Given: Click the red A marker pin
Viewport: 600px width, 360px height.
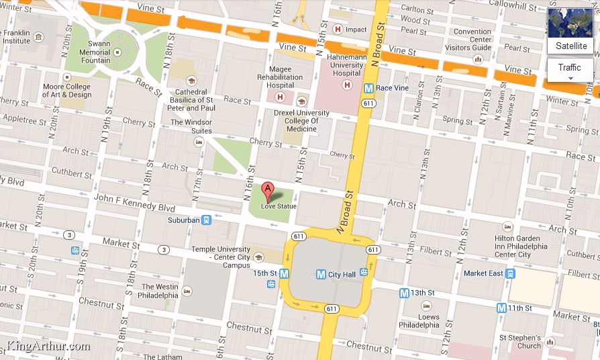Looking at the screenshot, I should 268,190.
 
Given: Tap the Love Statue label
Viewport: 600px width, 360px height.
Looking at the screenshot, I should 279,206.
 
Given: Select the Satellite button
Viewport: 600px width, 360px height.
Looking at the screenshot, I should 570,46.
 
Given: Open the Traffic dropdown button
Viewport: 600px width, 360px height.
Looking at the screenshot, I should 570,70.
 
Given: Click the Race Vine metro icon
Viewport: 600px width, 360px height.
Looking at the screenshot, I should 368,88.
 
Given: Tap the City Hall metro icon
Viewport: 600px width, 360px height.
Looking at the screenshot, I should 321,274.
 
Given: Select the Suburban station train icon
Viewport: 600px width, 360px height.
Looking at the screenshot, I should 207,220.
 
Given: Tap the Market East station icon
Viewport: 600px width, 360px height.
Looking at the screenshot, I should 511,273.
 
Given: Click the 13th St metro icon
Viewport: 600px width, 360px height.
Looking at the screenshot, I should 403,293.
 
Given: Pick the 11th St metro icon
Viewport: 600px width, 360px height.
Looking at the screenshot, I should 501,308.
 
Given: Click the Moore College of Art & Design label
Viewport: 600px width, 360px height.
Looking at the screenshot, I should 67,91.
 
